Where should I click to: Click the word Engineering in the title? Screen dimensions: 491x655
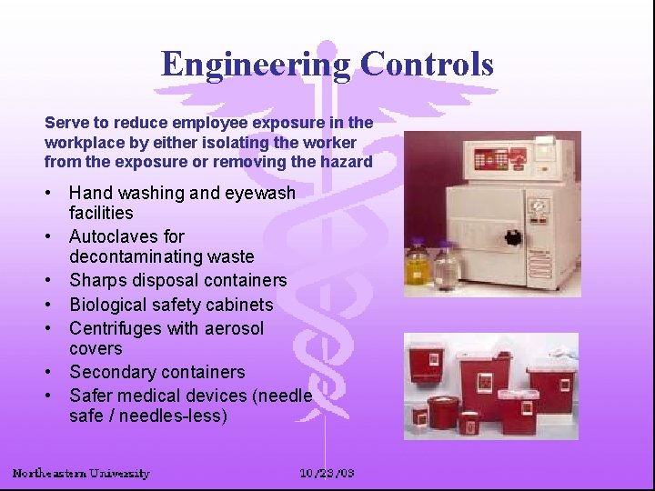tap(256, 65)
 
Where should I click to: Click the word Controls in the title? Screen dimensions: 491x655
tap(427, 65)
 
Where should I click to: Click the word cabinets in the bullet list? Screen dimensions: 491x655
tap(239, 305)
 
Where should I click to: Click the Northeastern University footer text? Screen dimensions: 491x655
tap(81, 473)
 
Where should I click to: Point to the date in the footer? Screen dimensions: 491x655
tap(327, 473)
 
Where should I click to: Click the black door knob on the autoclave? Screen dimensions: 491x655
tap(512, 238)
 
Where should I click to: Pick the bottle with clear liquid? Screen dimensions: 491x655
tap(447, 266)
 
